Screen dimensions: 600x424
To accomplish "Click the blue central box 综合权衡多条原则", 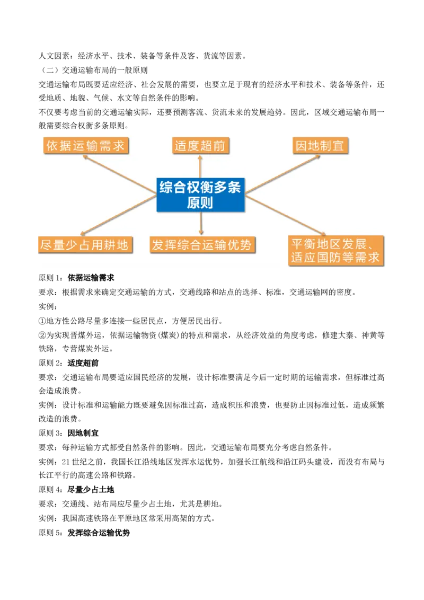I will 200,195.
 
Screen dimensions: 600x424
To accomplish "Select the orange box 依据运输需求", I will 86,146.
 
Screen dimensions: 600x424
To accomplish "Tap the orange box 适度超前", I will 201,146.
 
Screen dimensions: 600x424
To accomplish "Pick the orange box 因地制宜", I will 320,146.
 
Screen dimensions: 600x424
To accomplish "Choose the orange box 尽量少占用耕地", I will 84,245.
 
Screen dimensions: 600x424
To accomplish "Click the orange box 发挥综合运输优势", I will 202,245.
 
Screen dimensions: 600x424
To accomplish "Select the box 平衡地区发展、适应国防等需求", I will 335,251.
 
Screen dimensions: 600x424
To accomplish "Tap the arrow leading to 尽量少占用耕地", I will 118,215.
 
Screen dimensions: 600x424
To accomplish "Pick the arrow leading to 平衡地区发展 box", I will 286,215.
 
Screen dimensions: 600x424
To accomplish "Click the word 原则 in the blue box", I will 200,203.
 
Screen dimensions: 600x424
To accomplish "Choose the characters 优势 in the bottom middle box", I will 241,245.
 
